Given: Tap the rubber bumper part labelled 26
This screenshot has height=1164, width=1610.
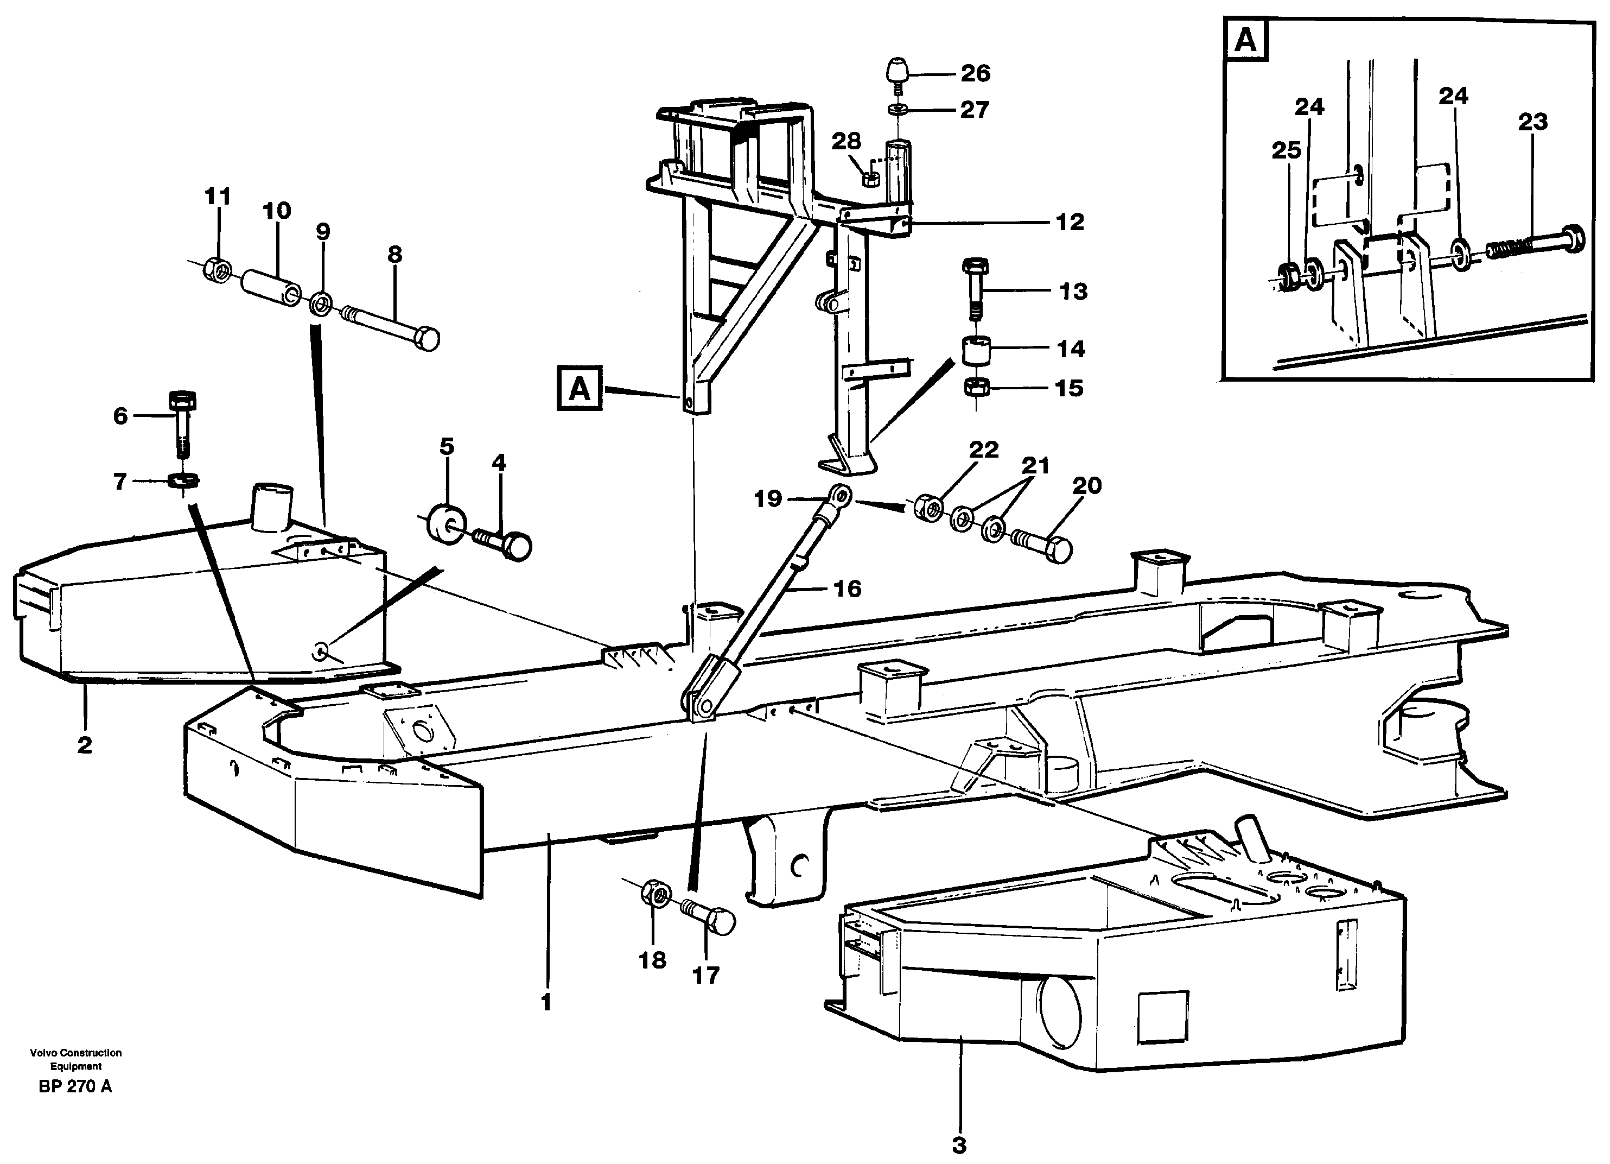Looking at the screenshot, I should click(898, 71).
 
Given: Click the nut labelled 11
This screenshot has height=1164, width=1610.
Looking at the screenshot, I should click(216, 270).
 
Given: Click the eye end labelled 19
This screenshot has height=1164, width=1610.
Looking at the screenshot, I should click(841, 494).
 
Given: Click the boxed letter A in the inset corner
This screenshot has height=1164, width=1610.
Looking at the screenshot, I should click(1246, 42).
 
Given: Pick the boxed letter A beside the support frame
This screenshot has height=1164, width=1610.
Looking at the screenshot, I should click(579, 389).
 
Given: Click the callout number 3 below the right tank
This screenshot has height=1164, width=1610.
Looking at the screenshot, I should click(959, 1145).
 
